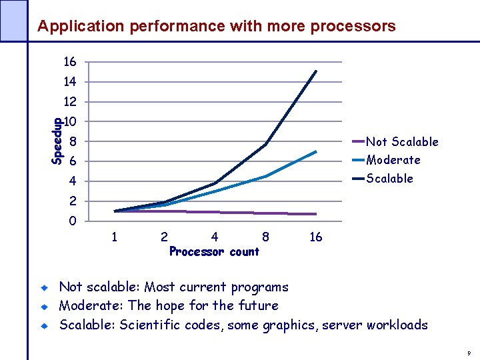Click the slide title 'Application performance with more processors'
[x=216, y=27]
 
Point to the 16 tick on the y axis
[x=70, y=62]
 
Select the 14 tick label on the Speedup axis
[x=70, y=82]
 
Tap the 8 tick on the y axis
[x=73, y=141]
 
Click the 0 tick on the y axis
[x=73, y=221]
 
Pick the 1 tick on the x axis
[x=115, y=237]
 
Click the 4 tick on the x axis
[x=215, y=237]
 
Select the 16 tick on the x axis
[x=316, y=237]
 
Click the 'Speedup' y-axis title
[x=57, y=141]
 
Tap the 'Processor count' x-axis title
[x=214, y=252]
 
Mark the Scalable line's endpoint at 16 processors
[x=316, y=71]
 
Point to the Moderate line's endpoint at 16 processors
[x=316, y=151]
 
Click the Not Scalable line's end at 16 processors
[x=316, y=214]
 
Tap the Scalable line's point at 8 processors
[x=265, y=145]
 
